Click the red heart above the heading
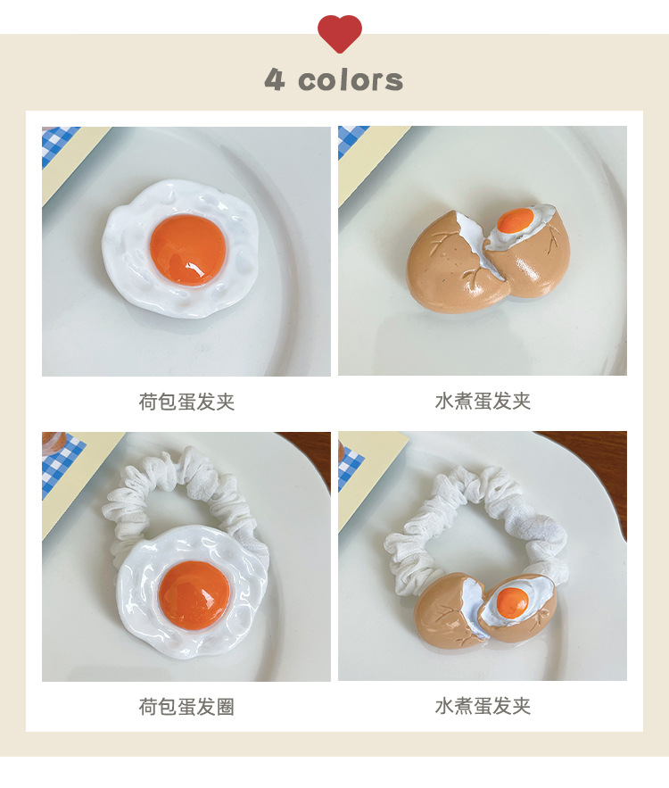(339, 32)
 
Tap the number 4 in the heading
(274, 79)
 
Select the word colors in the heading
(351, 80)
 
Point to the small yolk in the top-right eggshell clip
(514, 220)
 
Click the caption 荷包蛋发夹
(186, 402)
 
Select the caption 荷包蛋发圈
(186, 707)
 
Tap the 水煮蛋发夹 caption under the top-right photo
(483, 402)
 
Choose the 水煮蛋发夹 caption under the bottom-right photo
(483, 707)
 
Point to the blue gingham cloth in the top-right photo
(349, 138)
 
